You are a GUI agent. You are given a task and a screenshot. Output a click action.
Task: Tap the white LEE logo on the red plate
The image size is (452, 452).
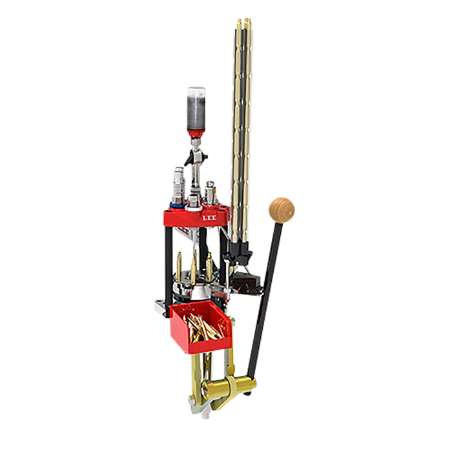click(x=209, y=218)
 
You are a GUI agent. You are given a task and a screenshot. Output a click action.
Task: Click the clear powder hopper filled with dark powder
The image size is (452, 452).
click(x=196, y=110)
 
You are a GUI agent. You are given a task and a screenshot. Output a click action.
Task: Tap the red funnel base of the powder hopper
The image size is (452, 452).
click(x=196, y=134)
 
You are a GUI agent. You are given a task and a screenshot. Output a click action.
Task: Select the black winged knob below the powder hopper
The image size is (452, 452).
click(x=196, y=157)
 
